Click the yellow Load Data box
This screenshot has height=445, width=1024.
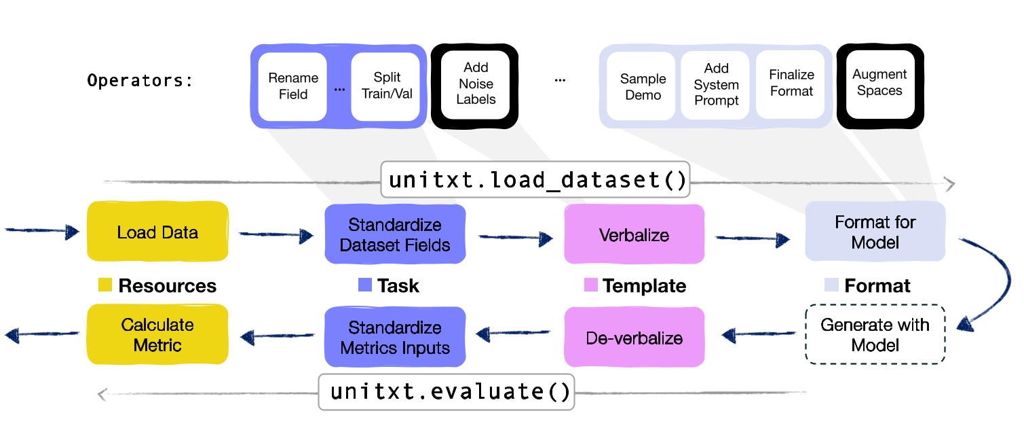coord(157,232)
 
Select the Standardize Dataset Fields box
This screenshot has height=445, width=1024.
coord(395,234)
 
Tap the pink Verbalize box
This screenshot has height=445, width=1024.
coord(634,235)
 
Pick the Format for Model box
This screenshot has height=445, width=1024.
coord(875,232)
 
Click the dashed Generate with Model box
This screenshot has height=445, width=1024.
coord(875,335)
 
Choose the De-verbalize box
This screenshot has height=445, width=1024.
coord(634,338)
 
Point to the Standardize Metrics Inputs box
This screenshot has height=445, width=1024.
coord(395,338)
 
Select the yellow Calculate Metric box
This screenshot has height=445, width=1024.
coord(157,335)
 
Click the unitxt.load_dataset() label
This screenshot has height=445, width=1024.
coord(535,179)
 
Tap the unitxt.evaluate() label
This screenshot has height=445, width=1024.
coord(447,392)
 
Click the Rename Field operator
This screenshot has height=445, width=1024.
coord(293,86)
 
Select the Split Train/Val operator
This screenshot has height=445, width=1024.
coord(386,86)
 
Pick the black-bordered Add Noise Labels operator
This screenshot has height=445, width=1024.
coord(475,84)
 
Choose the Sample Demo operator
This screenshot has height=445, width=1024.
coord(642,86)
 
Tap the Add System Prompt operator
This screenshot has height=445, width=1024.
coord(716,84)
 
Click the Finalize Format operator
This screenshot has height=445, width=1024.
coord(791,83)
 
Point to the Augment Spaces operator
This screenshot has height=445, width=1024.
coord(879,83)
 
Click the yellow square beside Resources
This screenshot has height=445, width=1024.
coord(105,285)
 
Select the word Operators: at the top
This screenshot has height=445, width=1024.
coord(140,81)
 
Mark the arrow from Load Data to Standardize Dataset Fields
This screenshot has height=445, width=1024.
coord(276,235)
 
